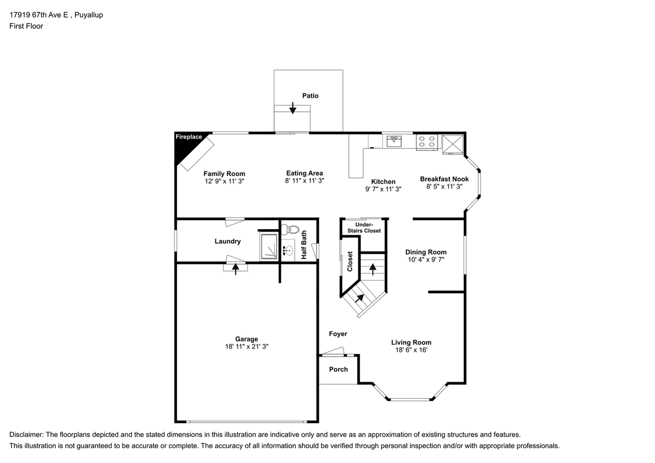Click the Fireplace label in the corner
(x=189, y=137)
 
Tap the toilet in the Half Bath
(x=290, y=230)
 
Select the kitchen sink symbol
(x=394, y=141)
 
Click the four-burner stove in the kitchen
(x=427, y=142)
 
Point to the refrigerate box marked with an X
(x=453, y=144)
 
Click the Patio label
(x=310, y=96)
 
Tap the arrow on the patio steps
(x=293, y=108)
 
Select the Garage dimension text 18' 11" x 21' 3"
(x=247, y=346)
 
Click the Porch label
(x=338, y=369)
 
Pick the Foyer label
(x=338, y=334)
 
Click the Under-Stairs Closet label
(x=364, y=228)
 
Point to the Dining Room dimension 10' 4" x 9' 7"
(x=426, y=259)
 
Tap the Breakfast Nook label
(x=444, y=179)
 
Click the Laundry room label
(x=228, y=241)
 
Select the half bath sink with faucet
(x=288, y=251)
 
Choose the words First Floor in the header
(x=26, y=26)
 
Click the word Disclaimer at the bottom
(x=27, y=435)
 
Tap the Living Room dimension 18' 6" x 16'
(x=411, y=350)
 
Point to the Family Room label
(x=224, y=173)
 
